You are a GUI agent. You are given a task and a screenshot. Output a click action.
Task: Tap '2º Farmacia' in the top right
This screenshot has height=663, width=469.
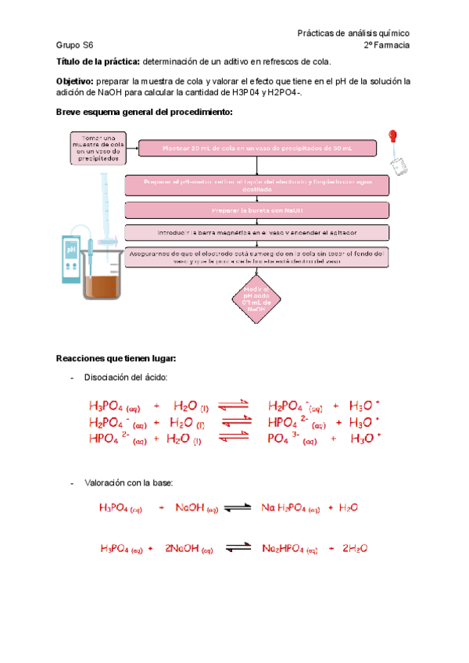click(387, 45)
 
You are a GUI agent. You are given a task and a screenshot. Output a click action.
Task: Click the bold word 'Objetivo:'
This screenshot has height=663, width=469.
click(74, 81)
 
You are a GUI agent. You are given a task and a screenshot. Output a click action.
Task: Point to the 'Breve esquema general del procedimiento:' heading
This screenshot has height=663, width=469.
click(145, 112)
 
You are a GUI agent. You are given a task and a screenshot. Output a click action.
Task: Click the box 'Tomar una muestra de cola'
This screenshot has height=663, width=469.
click(96, 148)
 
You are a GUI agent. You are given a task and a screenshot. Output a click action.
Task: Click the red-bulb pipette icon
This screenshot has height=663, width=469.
click(396, 149)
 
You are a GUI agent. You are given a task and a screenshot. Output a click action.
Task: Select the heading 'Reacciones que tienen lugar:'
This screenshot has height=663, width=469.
click(116, 358)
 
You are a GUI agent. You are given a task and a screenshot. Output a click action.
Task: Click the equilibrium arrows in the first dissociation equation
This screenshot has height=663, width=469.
click(232, 405)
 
